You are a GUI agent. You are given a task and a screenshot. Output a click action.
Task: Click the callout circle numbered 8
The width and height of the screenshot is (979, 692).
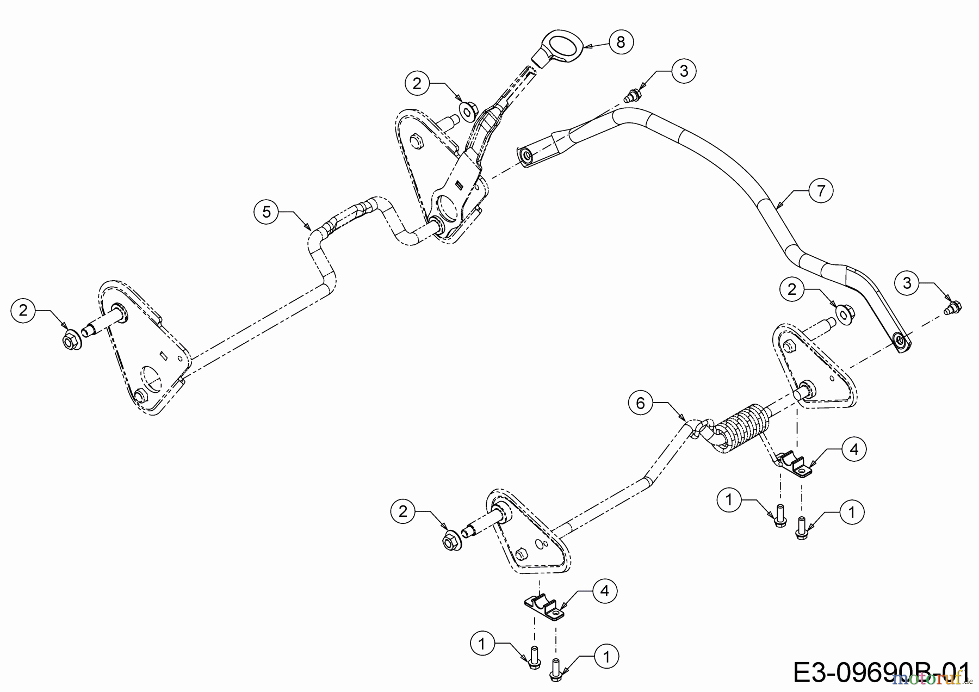[x=621, y=41]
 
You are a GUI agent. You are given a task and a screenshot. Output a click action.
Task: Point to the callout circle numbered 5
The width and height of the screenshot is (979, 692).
[x=267, y=212]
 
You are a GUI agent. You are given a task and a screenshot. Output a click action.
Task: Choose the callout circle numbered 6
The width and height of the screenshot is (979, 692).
[x=640, y=403]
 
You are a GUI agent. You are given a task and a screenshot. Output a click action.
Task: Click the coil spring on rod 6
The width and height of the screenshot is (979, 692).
[x=742, y=427]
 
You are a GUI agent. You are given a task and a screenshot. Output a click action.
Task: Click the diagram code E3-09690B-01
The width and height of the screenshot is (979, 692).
[x=881, y=672]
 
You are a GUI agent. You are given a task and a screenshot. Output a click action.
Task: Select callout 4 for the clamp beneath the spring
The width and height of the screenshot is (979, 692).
[x=854, y=449]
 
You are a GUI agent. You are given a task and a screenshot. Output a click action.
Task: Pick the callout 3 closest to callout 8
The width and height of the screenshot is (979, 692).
[x=684, y=71]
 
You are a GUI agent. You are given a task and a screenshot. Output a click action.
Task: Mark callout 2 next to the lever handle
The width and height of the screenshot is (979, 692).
[x=417, y=83]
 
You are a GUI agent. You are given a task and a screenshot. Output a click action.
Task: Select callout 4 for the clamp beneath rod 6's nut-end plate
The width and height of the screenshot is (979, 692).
[x=605, y=591]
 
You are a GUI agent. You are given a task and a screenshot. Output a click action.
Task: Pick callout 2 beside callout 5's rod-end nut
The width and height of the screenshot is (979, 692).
[x=23, y=310]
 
